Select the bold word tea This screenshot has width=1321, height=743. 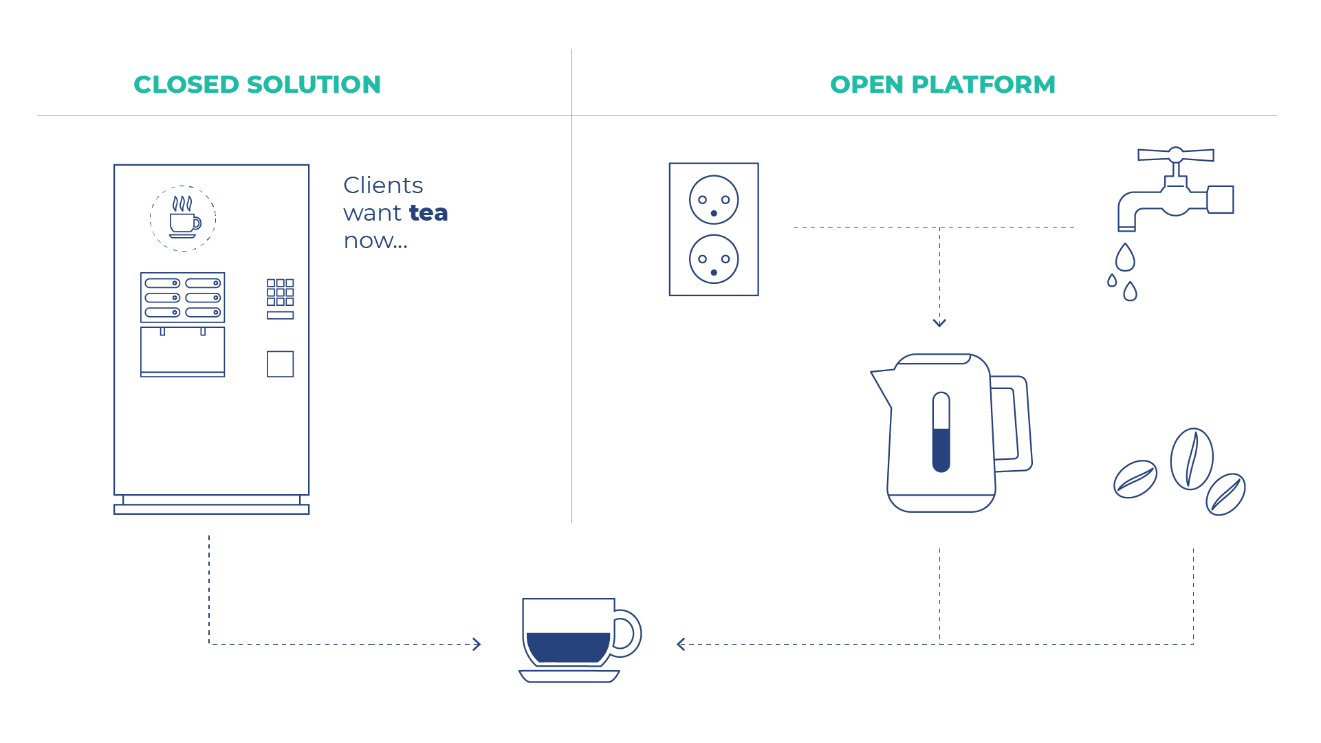(x=428, y=213)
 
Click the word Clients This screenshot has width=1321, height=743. (x=383, y=186)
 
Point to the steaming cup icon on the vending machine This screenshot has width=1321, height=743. (x=184, y=219)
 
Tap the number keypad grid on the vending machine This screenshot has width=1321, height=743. (x=281, y=292)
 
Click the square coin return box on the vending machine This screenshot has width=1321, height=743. (x=281, y=364)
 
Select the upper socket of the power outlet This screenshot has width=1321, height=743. (x=714, y=200)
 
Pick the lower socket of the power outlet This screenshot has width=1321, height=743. (x=714, y=259)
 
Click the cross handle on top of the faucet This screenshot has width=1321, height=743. (x=1176, y=155)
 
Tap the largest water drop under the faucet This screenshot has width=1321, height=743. (x=1125, y=257)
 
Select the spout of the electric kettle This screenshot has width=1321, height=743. (x=882, y=385)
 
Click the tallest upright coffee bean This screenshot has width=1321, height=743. (x=1192, y=458)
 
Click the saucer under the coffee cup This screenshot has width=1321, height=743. (x=569, y=676)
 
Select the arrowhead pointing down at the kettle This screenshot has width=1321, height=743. (x=939, y=322)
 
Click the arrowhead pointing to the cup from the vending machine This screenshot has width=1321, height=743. (x=477, y=644)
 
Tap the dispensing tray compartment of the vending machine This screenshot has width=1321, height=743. (x=183, y=351)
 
